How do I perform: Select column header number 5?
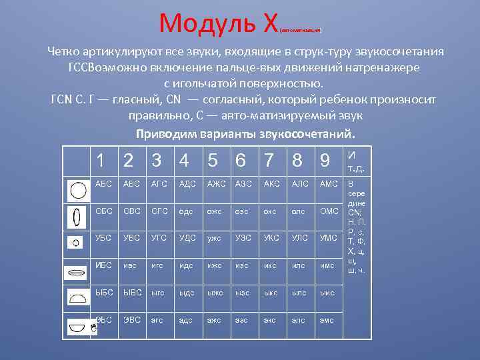pos(212,161)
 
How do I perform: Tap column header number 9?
pos(325,161)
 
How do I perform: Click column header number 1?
pos(100,161)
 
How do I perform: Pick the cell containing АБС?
pos(104,184)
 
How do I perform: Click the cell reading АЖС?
pos(217,184)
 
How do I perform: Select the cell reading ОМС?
pos(329,211)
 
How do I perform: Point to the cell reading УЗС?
pos(244,237)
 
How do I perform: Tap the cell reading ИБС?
pos(104,265)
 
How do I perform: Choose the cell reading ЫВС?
pos(132,292)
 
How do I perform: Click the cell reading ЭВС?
pos(132,319)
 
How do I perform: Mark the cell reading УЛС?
pos(300,237)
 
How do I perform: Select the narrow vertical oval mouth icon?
pos(78,217)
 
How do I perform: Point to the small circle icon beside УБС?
pos(76,243)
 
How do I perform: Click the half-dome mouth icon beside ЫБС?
pos(79,299)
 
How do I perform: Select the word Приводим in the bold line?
pos(161,133)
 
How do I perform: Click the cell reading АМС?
pos(329,184)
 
